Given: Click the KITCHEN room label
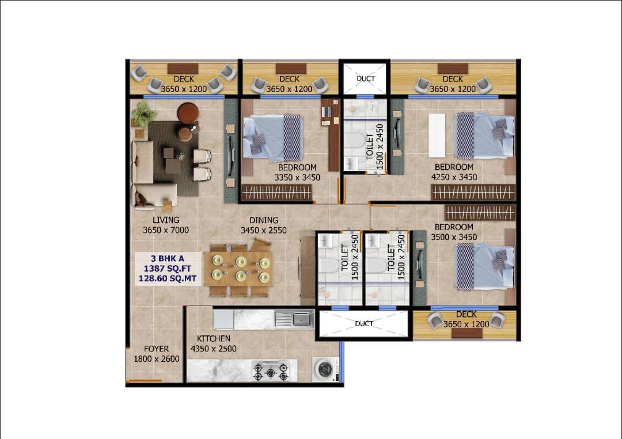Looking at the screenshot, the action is tap(214, 339).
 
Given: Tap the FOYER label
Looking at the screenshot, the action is tap(156, 349).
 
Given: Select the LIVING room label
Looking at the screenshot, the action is tap(166, 220).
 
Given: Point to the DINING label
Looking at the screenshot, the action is tap(264, 220).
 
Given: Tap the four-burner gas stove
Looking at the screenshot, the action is tap(271, 371).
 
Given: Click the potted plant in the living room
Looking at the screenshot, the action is tap(143, 113).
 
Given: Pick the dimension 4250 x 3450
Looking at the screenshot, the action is tap(454, 177).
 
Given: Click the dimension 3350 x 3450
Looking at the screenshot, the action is tap(297, 178).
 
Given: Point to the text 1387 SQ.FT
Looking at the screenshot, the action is tap(168, 269).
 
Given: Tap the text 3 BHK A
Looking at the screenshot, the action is tap(168, 259).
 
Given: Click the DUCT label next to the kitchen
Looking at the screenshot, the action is tap(364, 324).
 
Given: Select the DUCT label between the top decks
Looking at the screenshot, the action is tap(365, 78).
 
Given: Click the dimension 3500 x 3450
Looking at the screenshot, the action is tap(454, 237).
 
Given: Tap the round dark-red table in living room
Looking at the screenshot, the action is tap(188, 112).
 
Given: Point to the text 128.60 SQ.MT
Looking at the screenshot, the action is tap(168, 278).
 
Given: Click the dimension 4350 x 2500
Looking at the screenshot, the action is tap(214, 349).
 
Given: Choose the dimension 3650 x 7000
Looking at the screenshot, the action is tap(166, 230).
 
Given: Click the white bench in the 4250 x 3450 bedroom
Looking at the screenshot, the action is tap(437, 136).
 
